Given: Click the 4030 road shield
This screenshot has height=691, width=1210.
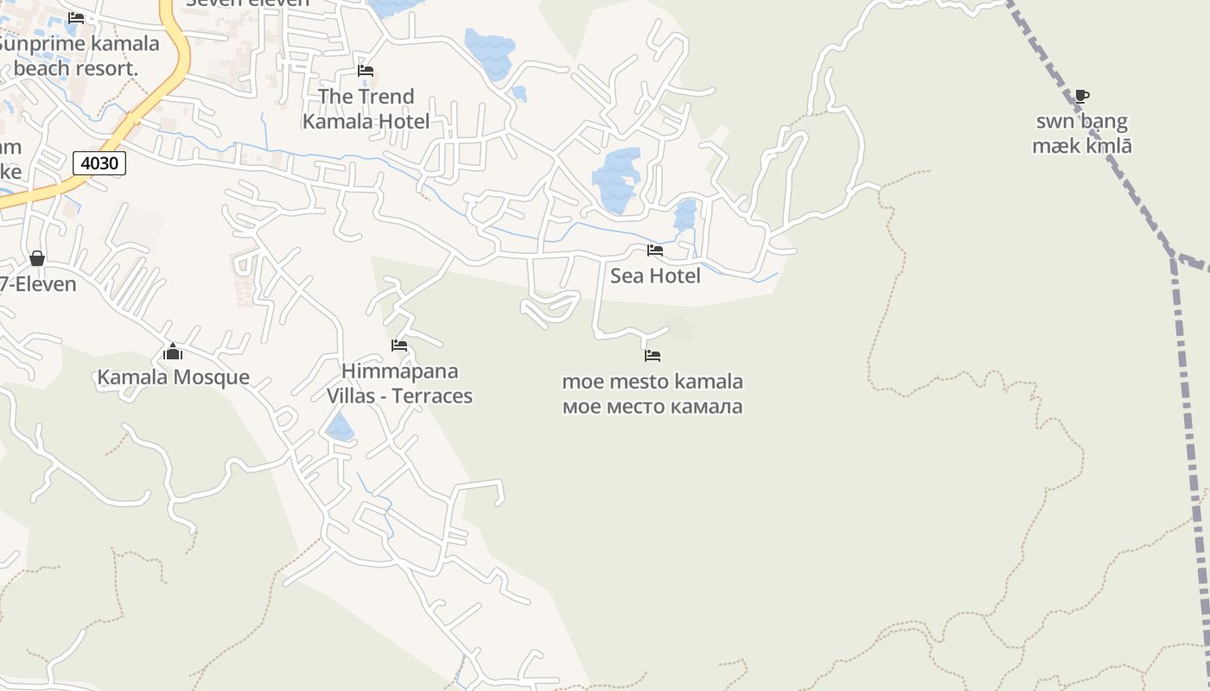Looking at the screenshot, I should [x=99, y=162].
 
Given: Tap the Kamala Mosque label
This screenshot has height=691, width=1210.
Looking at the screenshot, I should [x=173, y=377].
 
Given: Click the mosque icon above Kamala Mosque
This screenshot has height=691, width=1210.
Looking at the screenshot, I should [x=173, y=352].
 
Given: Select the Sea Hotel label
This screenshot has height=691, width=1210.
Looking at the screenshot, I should [x=655, y=276].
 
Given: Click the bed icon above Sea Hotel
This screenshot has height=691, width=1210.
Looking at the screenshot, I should [x=655, y=250].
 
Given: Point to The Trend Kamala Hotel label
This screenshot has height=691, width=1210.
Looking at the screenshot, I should [x=366, y=109].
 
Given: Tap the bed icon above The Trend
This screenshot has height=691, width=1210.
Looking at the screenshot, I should [x=366, y=71].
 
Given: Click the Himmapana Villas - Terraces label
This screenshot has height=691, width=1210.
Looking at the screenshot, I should [x=399, y=384].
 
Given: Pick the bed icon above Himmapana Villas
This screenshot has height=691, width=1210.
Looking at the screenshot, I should [x=399, y=345].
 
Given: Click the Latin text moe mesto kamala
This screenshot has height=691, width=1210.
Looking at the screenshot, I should [x=653, y=381].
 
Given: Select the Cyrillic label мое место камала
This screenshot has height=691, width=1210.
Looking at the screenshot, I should [x=653, y=406].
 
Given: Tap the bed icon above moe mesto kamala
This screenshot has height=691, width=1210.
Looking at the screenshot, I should [x=653, y=355].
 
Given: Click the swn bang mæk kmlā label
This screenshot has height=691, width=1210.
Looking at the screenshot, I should [x=1082, y=133].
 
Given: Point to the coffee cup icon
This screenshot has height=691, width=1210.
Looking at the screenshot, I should [x=1082, y=96].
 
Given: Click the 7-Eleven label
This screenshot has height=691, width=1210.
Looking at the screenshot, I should [x=38, y=284].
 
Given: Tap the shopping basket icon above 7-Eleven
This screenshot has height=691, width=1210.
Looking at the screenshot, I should [x=37, y=258].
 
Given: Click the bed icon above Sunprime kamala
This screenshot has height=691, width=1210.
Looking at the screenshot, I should [x=76, y=17].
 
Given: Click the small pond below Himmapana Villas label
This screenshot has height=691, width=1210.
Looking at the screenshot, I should [x=340, y=426].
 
